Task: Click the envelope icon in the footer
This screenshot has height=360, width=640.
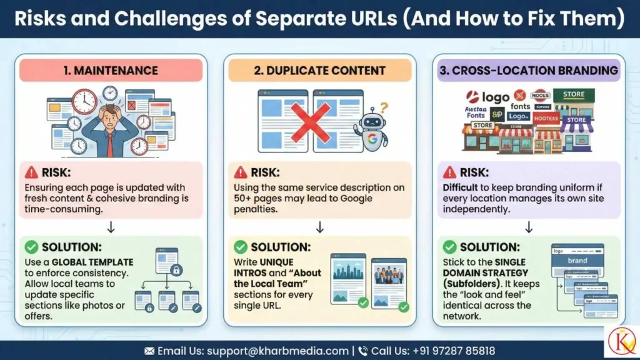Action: click(x=149, y=351)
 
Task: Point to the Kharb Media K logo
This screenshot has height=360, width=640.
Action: click(x=622, y=342)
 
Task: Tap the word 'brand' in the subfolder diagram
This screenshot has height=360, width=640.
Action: click(x=577, y=261)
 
